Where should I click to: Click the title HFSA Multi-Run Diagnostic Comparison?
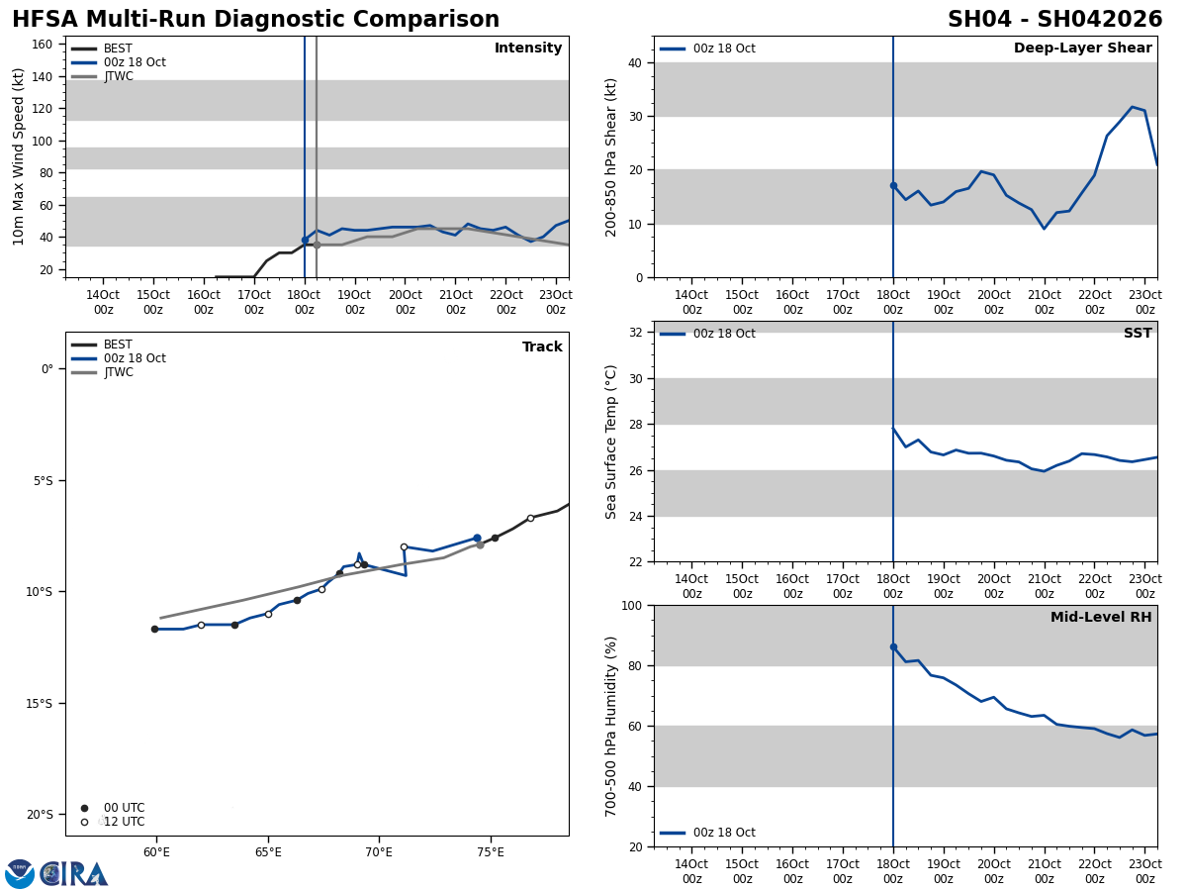255,20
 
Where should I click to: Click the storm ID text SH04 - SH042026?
1054,20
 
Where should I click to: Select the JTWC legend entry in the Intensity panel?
118,76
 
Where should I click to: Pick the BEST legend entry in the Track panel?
118,345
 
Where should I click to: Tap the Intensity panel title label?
528,49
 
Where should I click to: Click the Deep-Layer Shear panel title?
1082,49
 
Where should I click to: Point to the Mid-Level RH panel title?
1101,618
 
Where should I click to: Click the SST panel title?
1138,334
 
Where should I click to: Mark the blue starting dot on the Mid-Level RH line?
893,646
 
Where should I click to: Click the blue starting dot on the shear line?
893,185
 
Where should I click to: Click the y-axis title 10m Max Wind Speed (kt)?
19,156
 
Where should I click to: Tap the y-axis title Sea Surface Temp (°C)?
611,442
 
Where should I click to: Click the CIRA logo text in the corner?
74,873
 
